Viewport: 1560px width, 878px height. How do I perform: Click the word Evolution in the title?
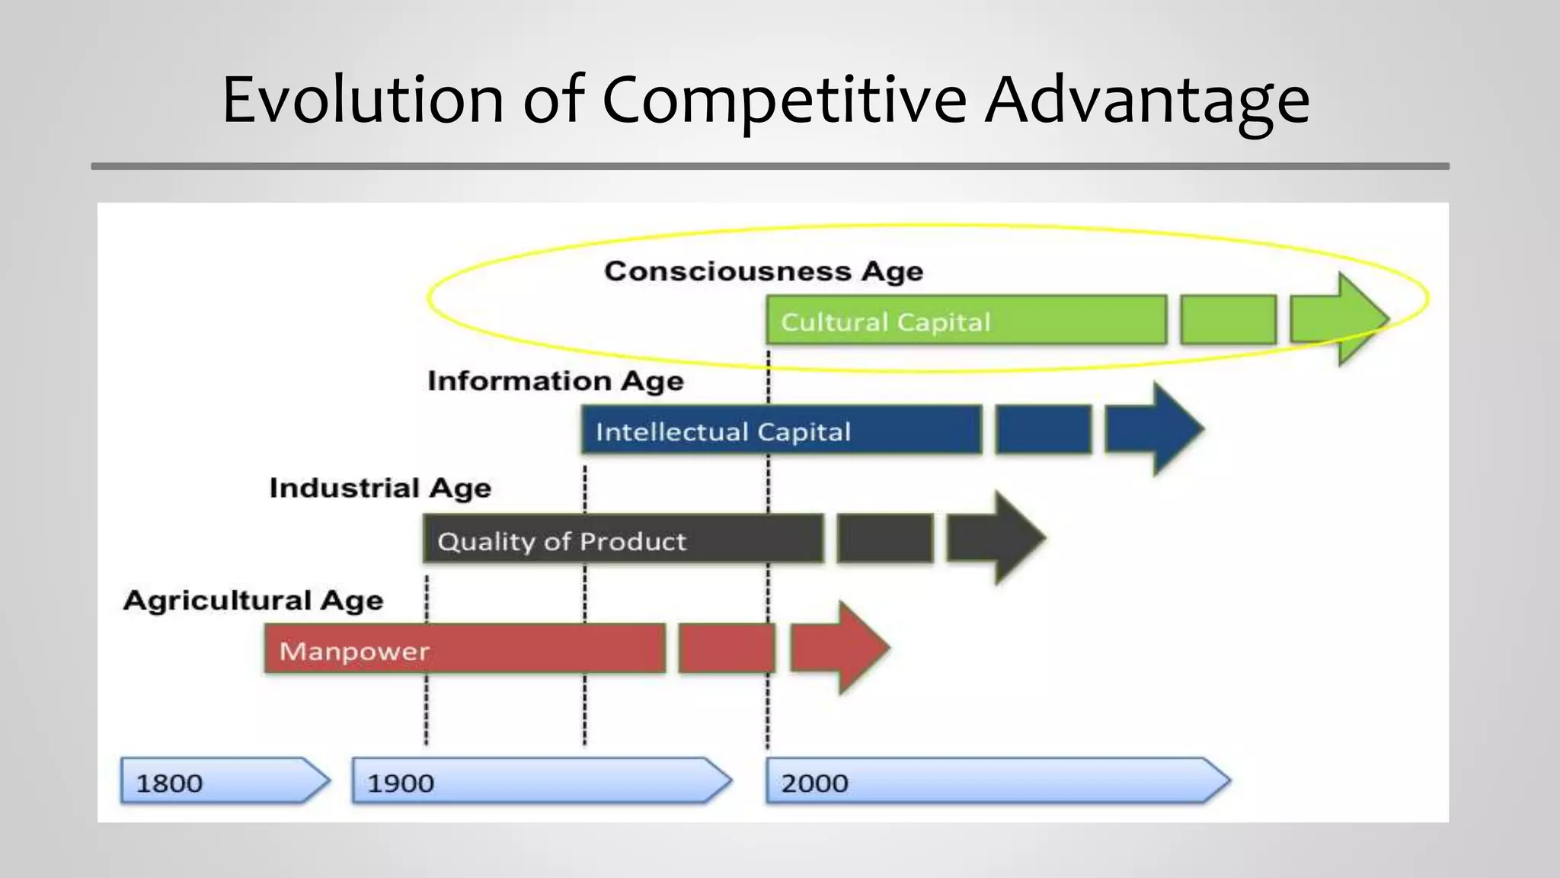[363, 99]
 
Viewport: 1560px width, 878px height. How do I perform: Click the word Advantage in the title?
[1146, 99]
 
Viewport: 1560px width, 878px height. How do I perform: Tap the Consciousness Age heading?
[763, 271]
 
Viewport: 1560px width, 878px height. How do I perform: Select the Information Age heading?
[555, 381]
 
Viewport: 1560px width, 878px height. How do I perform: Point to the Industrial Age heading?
[380, 488]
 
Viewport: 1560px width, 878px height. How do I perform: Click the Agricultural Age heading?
[253, 601]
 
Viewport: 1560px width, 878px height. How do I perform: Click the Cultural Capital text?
[886, 322]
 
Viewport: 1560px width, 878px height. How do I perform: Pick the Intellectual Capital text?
[723, 432]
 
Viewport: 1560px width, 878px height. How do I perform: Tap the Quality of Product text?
[561, 541]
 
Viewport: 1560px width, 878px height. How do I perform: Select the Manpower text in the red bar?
[354, 651]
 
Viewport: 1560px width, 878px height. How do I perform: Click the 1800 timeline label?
[169, 783]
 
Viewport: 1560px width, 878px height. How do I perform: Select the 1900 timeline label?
[401, 783]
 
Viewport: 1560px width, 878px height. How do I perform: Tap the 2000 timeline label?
[814, 783]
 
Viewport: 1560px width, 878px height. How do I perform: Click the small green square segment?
[1228, 320]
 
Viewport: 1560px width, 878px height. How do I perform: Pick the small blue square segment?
[1043, 430]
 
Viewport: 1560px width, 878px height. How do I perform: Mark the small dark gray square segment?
[885, 538]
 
